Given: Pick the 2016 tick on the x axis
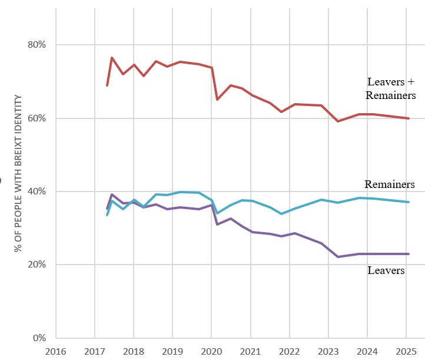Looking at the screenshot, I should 56,351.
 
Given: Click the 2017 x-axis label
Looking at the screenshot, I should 95,351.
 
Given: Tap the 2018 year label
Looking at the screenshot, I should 134,351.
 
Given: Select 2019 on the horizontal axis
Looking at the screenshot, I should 172,351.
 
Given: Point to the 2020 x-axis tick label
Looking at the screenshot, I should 211,351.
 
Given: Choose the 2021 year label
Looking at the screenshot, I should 251,351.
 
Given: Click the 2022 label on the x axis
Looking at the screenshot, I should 290,351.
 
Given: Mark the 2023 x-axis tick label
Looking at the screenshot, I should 328,351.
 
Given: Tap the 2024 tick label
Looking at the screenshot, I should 367,351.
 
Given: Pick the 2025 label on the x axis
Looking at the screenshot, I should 406,351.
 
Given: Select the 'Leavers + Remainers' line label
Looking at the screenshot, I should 390,88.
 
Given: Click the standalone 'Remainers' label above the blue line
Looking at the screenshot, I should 389,184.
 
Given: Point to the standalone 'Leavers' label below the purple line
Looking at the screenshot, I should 386,270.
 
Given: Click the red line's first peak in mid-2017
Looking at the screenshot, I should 112,58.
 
